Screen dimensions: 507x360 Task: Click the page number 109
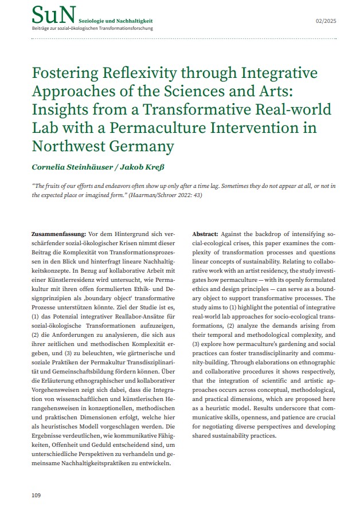[x=37, y=493]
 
